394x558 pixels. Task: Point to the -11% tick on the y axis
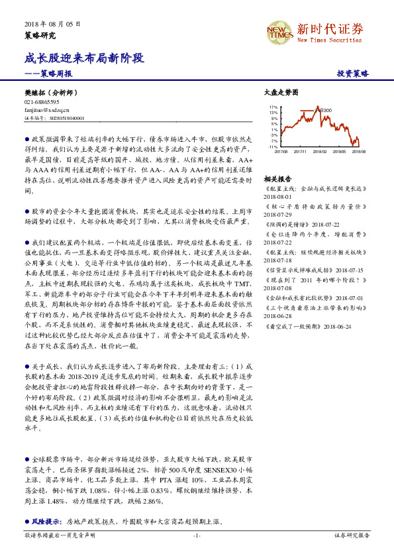click(273, 147)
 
